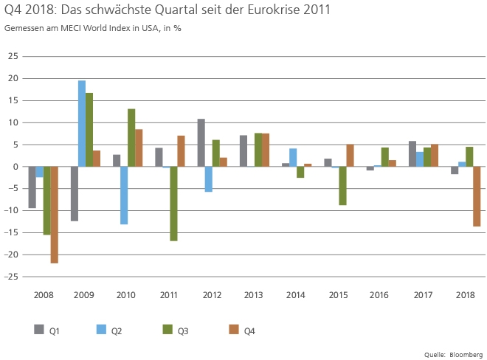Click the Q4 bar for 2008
click(55, 215)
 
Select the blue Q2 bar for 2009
click(82, 123)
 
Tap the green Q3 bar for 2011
click(173, 204)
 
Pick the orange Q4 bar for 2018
click(477, 196)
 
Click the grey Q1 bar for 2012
click(201, 142)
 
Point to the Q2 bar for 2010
click(124, 195)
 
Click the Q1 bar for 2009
click(75, 194)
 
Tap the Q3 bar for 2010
click(131, 138)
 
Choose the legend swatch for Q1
click(39, 330)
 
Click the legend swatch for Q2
click(102, 330)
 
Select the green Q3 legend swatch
click(167, 330)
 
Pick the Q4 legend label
click(249, 330)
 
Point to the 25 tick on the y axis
click(13, 56)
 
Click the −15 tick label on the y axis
click(11, 233)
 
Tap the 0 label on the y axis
click(15, 167)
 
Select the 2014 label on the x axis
click(295, 294)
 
